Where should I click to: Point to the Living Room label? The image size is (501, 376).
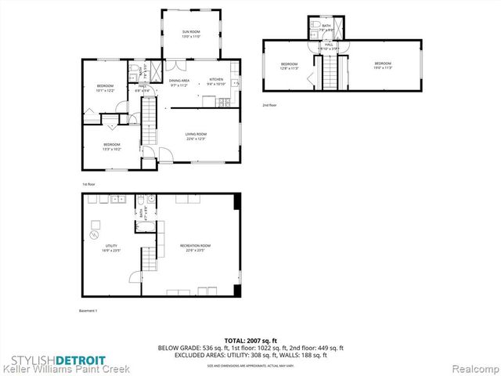click(x=195, y=136)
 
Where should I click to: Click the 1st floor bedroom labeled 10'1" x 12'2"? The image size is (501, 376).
click(x=105, y=88)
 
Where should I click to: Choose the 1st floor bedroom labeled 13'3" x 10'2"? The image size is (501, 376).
click(x=112, y=145)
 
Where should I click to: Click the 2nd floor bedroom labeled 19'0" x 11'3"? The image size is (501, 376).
click(x=382, y=66)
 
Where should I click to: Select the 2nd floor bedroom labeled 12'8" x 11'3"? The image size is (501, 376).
click(x=289, y=66)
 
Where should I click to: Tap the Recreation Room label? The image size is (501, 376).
click(x=195, y=248)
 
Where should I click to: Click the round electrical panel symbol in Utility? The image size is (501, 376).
click(x=94, y=234)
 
